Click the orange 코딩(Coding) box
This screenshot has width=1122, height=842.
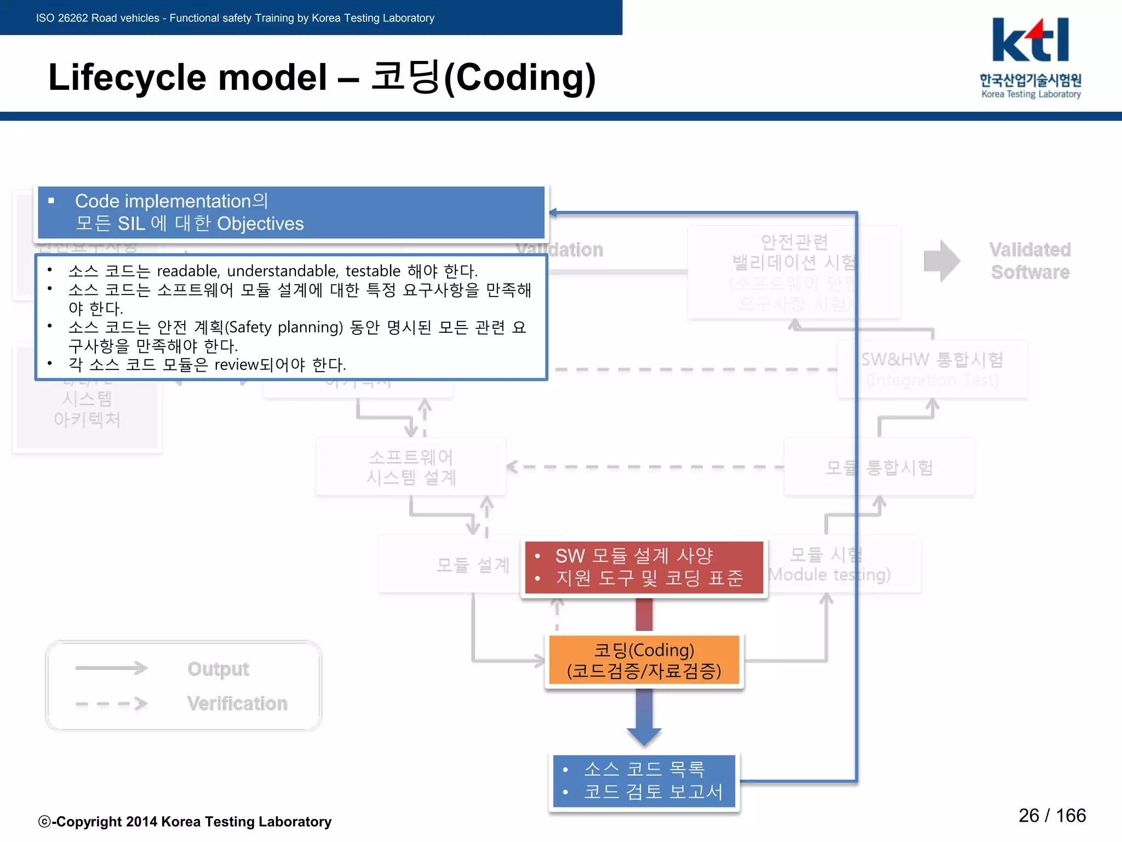644,660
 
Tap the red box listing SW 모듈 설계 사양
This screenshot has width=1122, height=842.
644,567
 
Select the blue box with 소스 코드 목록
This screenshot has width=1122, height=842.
644,781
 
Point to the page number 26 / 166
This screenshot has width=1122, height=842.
1052,816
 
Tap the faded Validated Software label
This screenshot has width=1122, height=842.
1030,261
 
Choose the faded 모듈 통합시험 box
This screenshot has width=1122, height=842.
879,468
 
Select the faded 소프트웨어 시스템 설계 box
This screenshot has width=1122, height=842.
411,467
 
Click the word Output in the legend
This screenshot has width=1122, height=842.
218,669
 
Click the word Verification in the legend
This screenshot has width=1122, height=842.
237,703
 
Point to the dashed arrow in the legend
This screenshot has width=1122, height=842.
112,703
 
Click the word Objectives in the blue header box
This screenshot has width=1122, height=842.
260,224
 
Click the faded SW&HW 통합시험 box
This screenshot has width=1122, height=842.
932,368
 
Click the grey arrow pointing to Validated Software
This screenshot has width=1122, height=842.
941,261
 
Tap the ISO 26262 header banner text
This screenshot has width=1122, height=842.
235,18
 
